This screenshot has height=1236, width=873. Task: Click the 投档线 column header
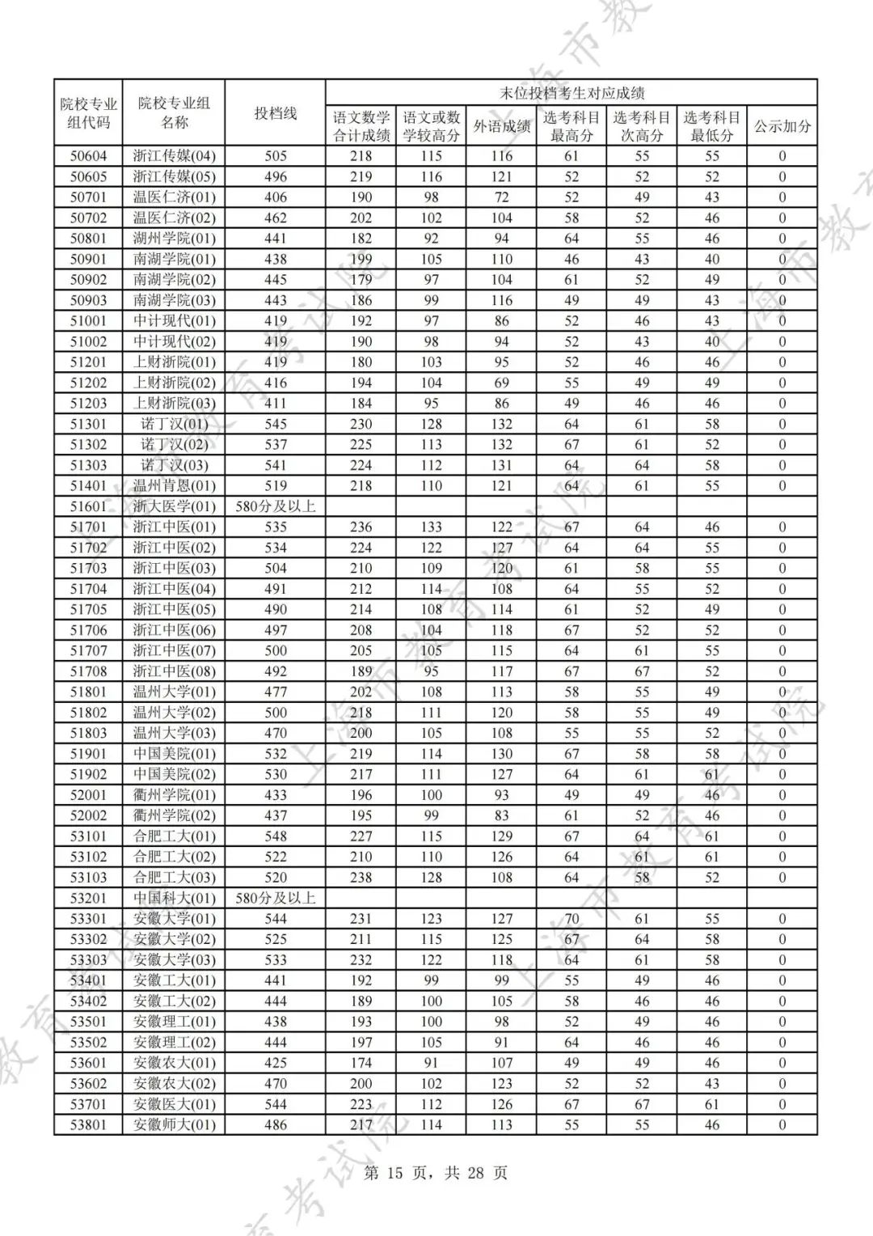(276, 113)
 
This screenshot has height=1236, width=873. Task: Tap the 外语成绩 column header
(501, 126)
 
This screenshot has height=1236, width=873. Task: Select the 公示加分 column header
(782, 126)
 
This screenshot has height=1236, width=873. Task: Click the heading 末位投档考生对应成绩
(571, 93)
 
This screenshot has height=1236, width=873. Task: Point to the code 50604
(88, 156)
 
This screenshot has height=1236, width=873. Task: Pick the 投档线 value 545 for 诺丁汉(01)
(276, 424)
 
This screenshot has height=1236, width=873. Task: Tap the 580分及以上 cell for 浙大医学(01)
(276, 506)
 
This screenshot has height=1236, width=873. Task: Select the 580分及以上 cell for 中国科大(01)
(276, 898)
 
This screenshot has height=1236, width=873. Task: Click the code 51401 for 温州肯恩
(88, 486)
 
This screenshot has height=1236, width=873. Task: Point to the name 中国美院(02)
(174, 774)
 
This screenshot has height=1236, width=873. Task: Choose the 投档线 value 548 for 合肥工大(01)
(276, 836)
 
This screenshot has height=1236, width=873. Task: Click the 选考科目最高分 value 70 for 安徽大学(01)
(571, 919)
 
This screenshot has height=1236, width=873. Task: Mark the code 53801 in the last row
(88, 1124)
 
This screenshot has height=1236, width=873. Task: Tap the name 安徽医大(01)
(174, 1104)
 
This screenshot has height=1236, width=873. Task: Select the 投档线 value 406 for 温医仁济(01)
(276, 197)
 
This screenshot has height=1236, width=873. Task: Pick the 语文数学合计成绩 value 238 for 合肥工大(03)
(361, 878)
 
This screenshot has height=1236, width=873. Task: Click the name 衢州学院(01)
(174, 795)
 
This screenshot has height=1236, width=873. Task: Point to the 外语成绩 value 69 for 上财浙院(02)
(501, 383)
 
